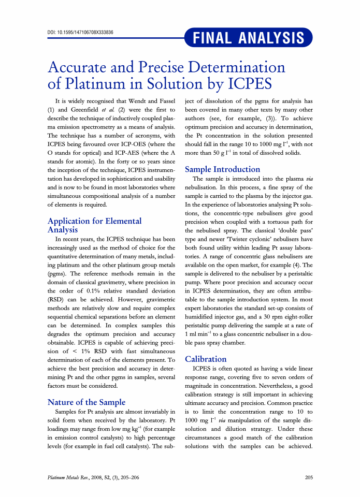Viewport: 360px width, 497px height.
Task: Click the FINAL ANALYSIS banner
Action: tap(249, 38)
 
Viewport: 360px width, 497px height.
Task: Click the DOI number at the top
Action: tap(80, 32)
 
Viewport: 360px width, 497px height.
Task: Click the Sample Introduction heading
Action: tap(222, 169)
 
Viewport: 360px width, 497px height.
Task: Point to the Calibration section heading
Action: tap(206, 359)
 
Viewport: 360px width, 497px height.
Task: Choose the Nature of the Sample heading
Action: tap(87, 402)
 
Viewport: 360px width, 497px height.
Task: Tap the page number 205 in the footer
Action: tap(309, 477)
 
